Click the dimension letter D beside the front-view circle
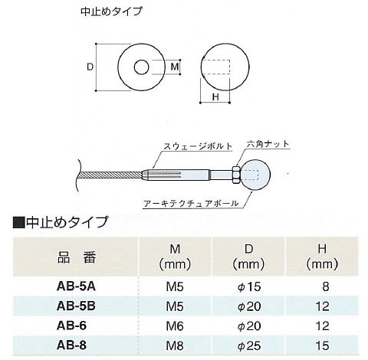(x=90, y=67)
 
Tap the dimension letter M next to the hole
(x=175, y=67)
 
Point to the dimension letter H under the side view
(x=215, y=97)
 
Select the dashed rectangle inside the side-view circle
(x=216, y=67)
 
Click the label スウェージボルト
(x=198, y=146)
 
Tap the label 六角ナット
(x=268, y=144)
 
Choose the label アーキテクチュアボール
(x=191, y=204)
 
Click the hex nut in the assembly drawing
(x=235, y=175)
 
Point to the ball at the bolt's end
(x=255, y=175)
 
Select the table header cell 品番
(x=77, y=257)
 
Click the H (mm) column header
(x=322, y=257)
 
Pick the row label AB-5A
(x=76, y=286)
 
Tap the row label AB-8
(x=71, y=345)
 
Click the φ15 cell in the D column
(x=249, y=286)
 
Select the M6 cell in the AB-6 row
(x=175, y=326)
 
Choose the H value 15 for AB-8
(x=322, y=345)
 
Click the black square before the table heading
(x=18, y=222)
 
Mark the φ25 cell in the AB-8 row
(x=249, y=346)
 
